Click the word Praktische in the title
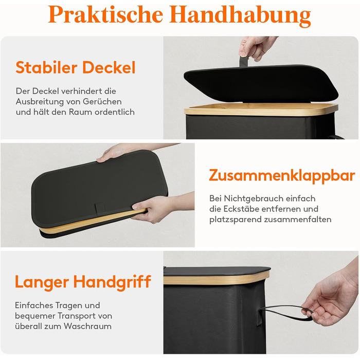point(105,14)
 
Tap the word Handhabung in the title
point(240,15)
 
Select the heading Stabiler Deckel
point(76,67)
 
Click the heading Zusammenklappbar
point(282,176)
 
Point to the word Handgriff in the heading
point(112,282)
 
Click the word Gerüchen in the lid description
point(102,102)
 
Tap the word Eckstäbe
point(240,209)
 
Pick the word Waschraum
point(87,326)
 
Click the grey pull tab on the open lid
point(244,61)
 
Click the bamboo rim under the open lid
point(261,109)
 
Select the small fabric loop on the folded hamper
point(100,208)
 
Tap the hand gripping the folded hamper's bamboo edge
point(160,208)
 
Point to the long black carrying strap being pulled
point(285,313)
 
